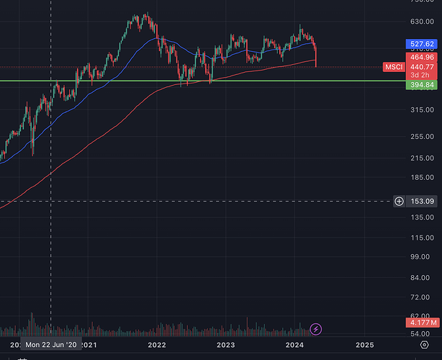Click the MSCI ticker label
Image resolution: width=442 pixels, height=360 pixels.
[394, 67]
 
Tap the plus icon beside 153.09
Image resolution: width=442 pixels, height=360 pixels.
[399, 201]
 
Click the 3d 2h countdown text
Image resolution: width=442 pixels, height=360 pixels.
[420, 76]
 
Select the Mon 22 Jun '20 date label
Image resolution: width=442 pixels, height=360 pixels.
[51, 346]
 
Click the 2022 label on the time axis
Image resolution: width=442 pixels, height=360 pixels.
[157, 346]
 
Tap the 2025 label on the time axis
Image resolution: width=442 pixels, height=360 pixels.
[364, 346]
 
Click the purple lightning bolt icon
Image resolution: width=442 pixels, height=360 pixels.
[315, 329]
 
